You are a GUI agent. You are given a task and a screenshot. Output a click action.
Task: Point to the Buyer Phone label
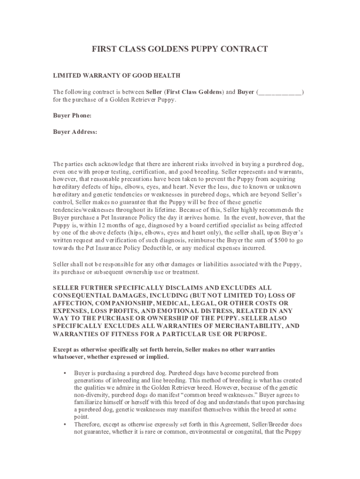pyautogui.click(x=72, y=116)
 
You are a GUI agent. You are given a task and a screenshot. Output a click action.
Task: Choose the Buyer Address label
pyautogui.click(x=75, y=132)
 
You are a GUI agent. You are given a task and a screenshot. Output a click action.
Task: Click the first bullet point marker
pyautogui.click(x=62, y=373)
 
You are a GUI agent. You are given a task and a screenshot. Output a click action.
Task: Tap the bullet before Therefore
pyautogui.click(x=62, y=425)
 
